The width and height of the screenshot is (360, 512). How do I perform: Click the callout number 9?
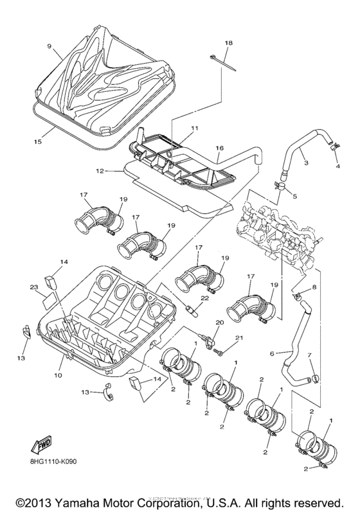pos(48,46)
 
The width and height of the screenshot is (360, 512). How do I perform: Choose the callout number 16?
pos(219,148)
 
